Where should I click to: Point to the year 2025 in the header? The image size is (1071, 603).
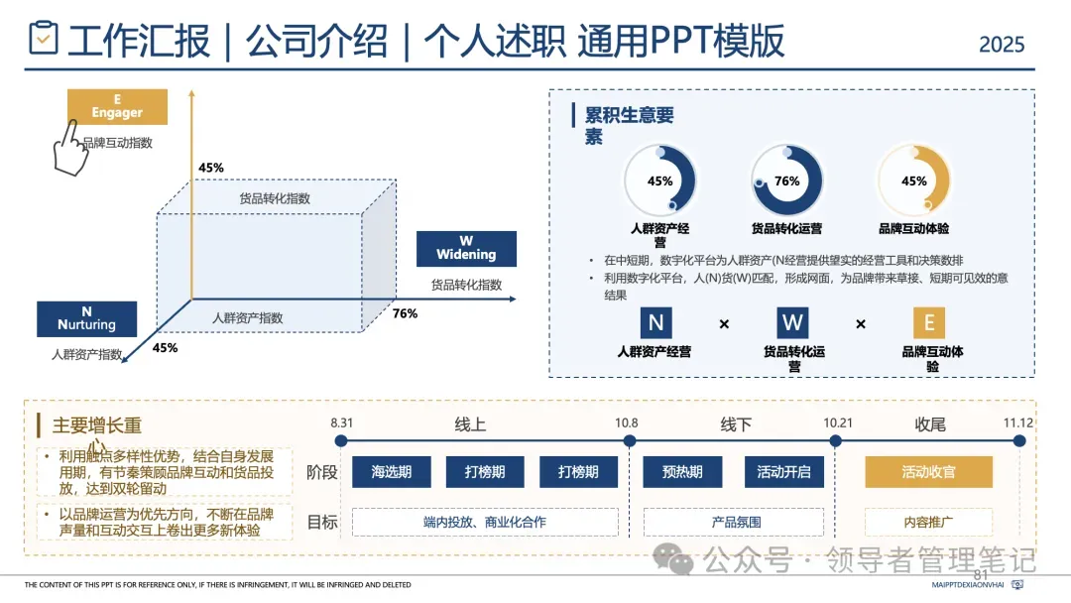coord(1002,45)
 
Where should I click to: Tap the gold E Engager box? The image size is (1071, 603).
coord(117,106)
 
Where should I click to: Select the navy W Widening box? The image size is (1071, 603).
coord(466,248)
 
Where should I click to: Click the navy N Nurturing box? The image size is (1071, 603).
coord(86,318)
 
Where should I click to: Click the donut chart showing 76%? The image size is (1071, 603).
coord(786,181)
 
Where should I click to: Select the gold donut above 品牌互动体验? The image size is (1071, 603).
coord(913,181)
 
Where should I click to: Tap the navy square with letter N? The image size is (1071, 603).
coord(654,322)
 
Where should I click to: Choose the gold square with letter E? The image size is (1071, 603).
coord(928,322)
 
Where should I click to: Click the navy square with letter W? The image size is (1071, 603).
coord(791,322)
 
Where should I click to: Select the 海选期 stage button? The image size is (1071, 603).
coord(392,472)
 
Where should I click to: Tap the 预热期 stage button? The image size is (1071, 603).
coord(682,472)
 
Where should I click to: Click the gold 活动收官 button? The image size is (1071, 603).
coord(928,472)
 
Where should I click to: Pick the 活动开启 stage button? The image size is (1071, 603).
coord(783,472)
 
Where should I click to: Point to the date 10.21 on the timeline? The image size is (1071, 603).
coord(838,423)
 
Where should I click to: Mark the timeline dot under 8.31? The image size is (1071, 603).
coord(341,440)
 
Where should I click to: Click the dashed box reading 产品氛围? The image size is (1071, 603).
coord(736,522)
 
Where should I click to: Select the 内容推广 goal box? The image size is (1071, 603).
coord(928,522)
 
